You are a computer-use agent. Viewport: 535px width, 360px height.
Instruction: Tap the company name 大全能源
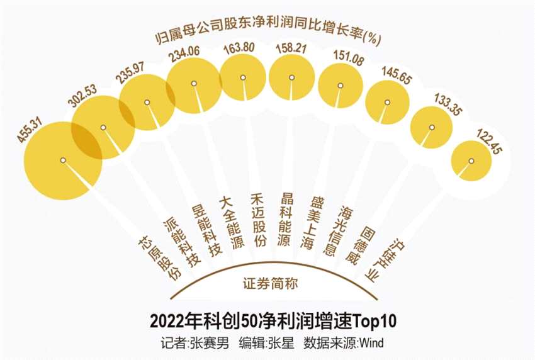(230, 223)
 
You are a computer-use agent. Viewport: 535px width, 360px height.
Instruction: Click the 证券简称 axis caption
(270, 284)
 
